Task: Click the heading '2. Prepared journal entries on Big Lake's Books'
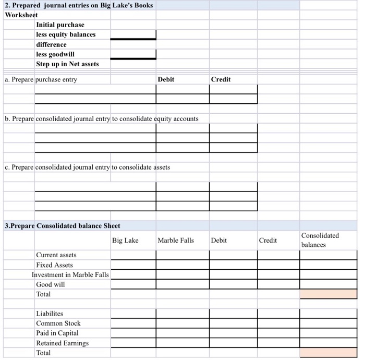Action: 79,5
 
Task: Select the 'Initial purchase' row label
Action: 60,25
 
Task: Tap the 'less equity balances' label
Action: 66,34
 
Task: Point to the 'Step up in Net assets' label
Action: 67,64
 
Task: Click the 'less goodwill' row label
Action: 55,54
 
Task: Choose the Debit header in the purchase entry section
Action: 166,79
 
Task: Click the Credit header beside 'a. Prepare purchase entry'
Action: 221,79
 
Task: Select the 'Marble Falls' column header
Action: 175,241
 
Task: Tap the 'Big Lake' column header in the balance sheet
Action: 125,241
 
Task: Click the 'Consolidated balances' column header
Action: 320,240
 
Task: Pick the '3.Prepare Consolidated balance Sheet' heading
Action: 62,226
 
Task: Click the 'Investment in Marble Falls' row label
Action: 70,274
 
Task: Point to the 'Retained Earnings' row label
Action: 62,343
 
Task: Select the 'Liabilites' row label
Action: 49,314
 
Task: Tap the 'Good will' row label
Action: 51,284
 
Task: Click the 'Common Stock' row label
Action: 58,323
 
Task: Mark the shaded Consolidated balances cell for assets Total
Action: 328,294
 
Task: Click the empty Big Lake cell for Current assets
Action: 133,255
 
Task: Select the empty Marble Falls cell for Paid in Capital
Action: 182,333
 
